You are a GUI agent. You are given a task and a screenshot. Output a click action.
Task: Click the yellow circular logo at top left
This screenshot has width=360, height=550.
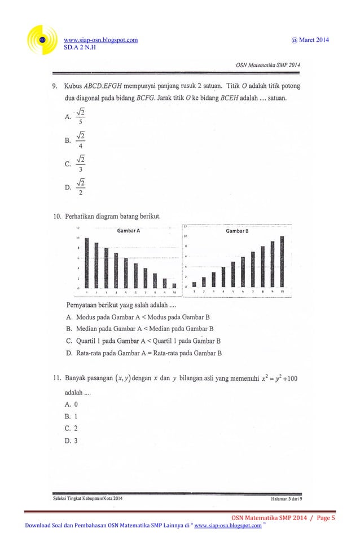tap(43, 43)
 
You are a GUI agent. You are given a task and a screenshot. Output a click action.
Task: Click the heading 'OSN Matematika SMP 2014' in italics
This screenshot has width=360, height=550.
tap(267, 65)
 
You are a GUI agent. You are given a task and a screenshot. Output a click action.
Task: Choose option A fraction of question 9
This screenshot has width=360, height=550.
tap(82, 116)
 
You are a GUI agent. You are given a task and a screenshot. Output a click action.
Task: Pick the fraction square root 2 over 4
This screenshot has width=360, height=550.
tap(82, 139)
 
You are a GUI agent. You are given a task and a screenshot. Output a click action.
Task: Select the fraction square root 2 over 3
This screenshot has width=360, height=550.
tap(82, 164)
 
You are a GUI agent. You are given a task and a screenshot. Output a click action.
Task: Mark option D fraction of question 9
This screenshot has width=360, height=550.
tap(82, 187)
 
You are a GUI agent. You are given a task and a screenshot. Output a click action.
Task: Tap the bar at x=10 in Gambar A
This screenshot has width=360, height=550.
tap(174, 285)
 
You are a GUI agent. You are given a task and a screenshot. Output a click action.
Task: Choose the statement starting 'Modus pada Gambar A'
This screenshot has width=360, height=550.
tap(143, 317)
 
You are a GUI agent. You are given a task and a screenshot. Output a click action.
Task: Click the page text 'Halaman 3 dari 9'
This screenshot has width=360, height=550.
tap(287, 498)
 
